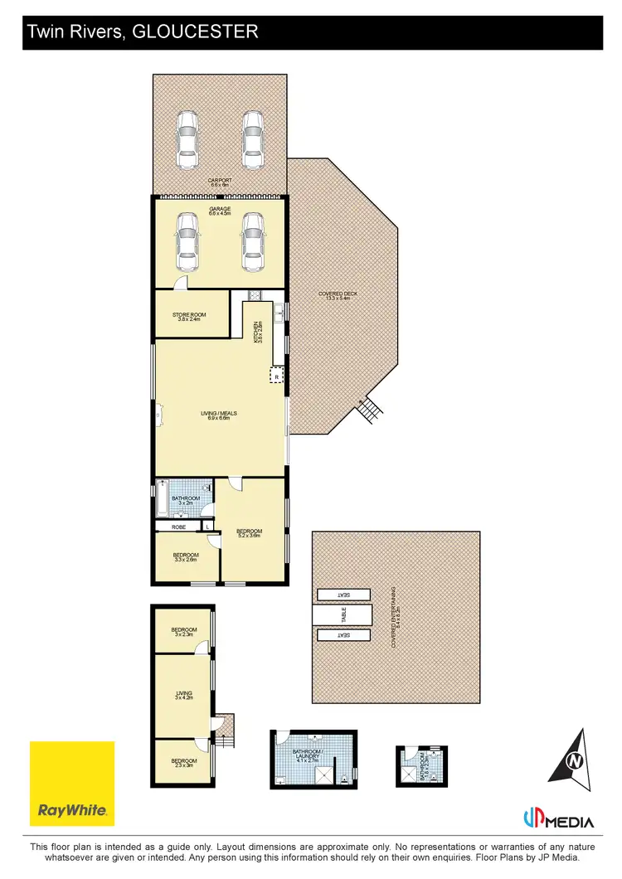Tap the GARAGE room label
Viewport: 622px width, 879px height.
(x=220, y=211)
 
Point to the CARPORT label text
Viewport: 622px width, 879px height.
(x=220, y=181)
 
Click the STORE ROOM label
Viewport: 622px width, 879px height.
(x=189, y=316)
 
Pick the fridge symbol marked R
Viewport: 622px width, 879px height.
(x=276, y=376)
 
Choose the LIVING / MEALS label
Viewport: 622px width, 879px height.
(x=220, y=415)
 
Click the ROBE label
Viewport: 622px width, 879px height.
(x=178, y=527)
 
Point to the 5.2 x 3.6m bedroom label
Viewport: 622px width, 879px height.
(x=249, y=533)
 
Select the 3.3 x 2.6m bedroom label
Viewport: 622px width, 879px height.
(x=186, y=556)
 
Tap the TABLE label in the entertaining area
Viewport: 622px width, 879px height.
(x=343, y=615)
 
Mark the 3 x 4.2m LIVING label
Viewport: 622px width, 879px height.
(x=183, y=695)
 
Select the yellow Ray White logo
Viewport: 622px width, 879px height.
(x=72, y=783)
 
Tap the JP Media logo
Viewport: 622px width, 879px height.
(x=558, y=821)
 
